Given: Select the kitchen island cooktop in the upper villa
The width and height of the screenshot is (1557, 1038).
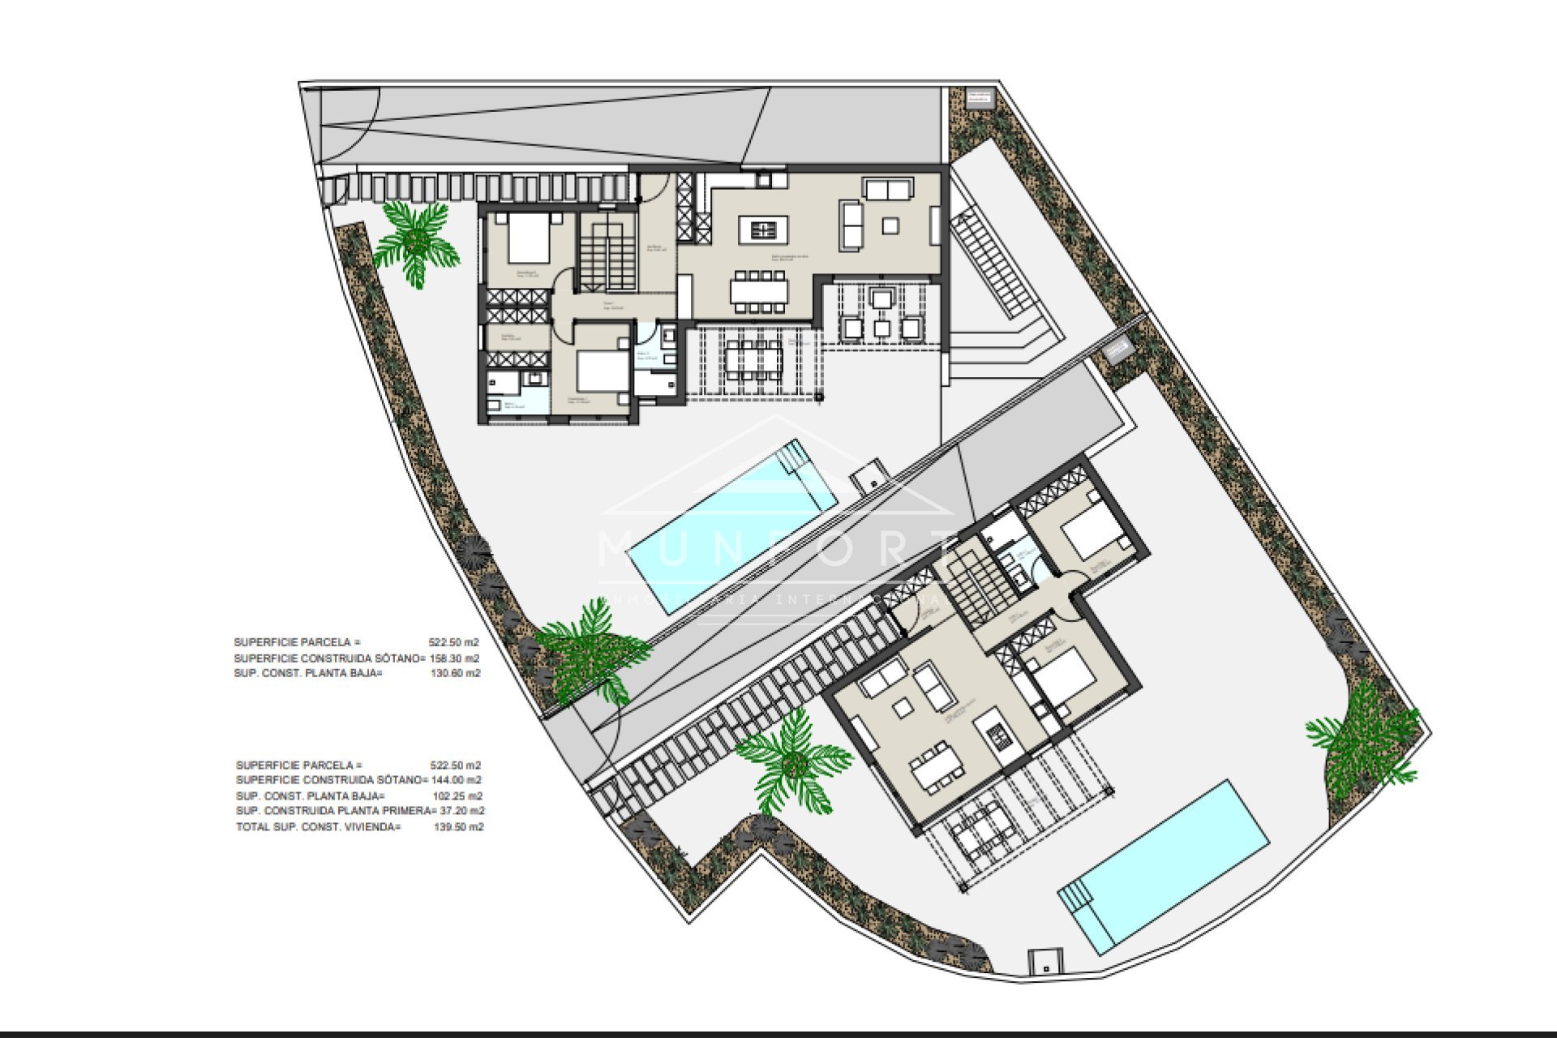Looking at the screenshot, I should (762, 230).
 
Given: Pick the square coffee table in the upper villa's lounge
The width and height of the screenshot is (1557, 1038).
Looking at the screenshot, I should (890, 225).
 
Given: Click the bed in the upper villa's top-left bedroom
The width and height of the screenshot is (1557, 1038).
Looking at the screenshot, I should (529, 238).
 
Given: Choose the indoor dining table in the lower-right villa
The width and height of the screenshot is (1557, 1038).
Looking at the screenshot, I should (936, 771).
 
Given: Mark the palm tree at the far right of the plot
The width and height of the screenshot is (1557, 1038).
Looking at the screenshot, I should (1362, 742).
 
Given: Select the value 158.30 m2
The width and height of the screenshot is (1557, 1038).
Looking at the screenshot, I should (454, 658).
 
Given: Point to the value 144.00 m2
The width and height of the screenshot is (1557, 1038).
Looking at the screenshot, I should (457, 780).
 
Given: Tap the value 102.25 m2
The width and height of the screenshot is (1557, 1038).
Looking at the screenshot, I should (457, 796).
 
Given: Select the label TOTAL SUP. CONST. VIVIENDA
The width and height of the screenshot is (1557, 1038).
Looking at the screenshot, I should (318, 827).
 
